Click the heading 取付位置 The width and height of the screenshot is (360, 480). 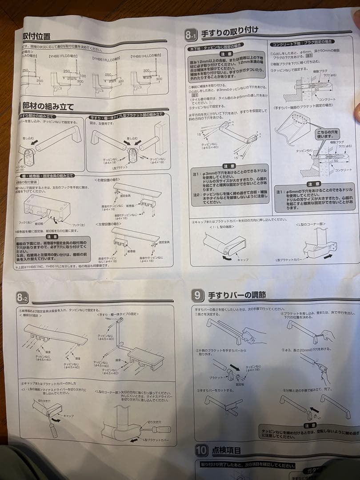(36, 36)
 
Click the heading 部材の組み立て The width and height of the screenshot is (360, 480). (48, 107)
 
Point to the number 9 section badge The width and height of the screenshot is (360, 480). (198, 295)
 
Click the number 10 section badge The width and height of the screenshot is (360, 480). (201, 450)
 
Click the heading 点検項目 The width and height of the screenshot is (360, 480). (227, 450)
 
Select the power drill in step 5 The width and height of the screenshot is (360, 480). (318, 370)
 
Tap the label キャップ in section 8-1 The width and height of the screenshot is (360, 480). (243, 259)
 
